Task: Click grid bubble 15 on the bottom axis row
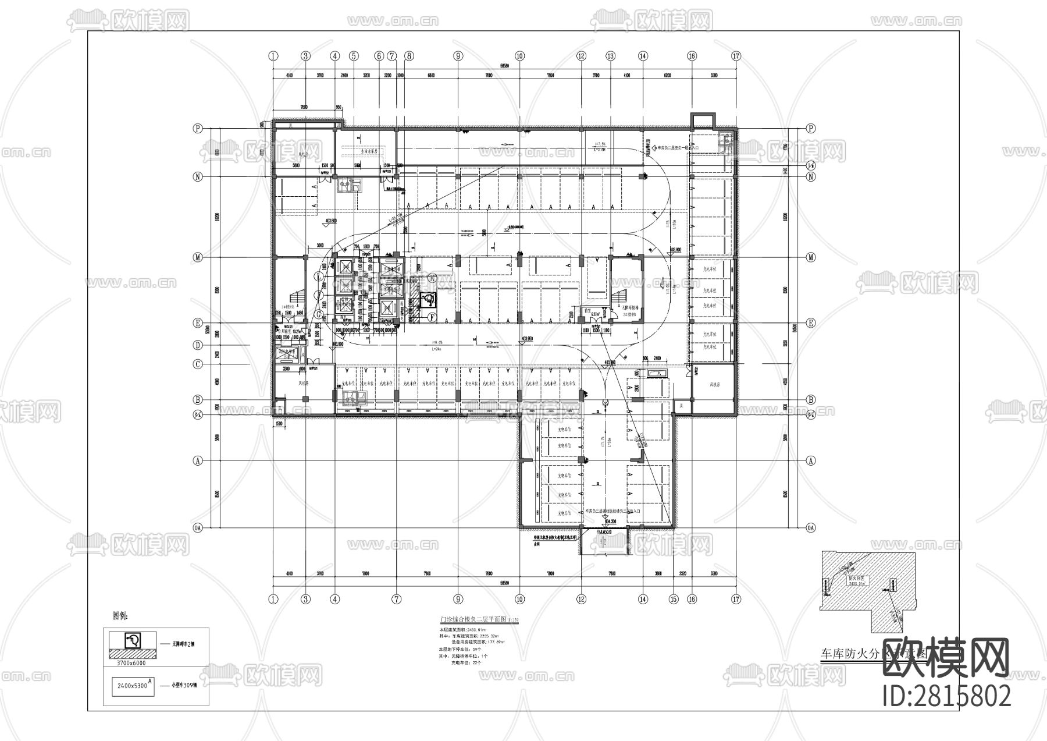[x=674, y=599]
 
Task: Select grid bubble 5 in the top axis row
[x=354, y=56]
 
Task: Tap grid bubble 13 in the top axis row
[x=610, y=56]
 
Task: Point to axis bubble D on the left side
[x=198, y=345]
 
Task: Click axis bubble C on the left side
[x=198, y=364]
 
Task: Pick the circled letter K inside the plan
[x=432, y=279]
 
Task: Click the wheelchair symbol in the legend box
[x=133, y=641]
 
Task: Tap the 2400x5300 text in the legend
[x=131, y=686]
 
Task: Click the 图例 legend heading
[x=120, y=615]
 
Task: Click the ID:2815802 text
[x=946, y=696]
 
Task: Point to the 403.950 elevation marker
[x=528, y=338]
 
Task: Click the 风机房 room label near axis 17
[x=714, y=385]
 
